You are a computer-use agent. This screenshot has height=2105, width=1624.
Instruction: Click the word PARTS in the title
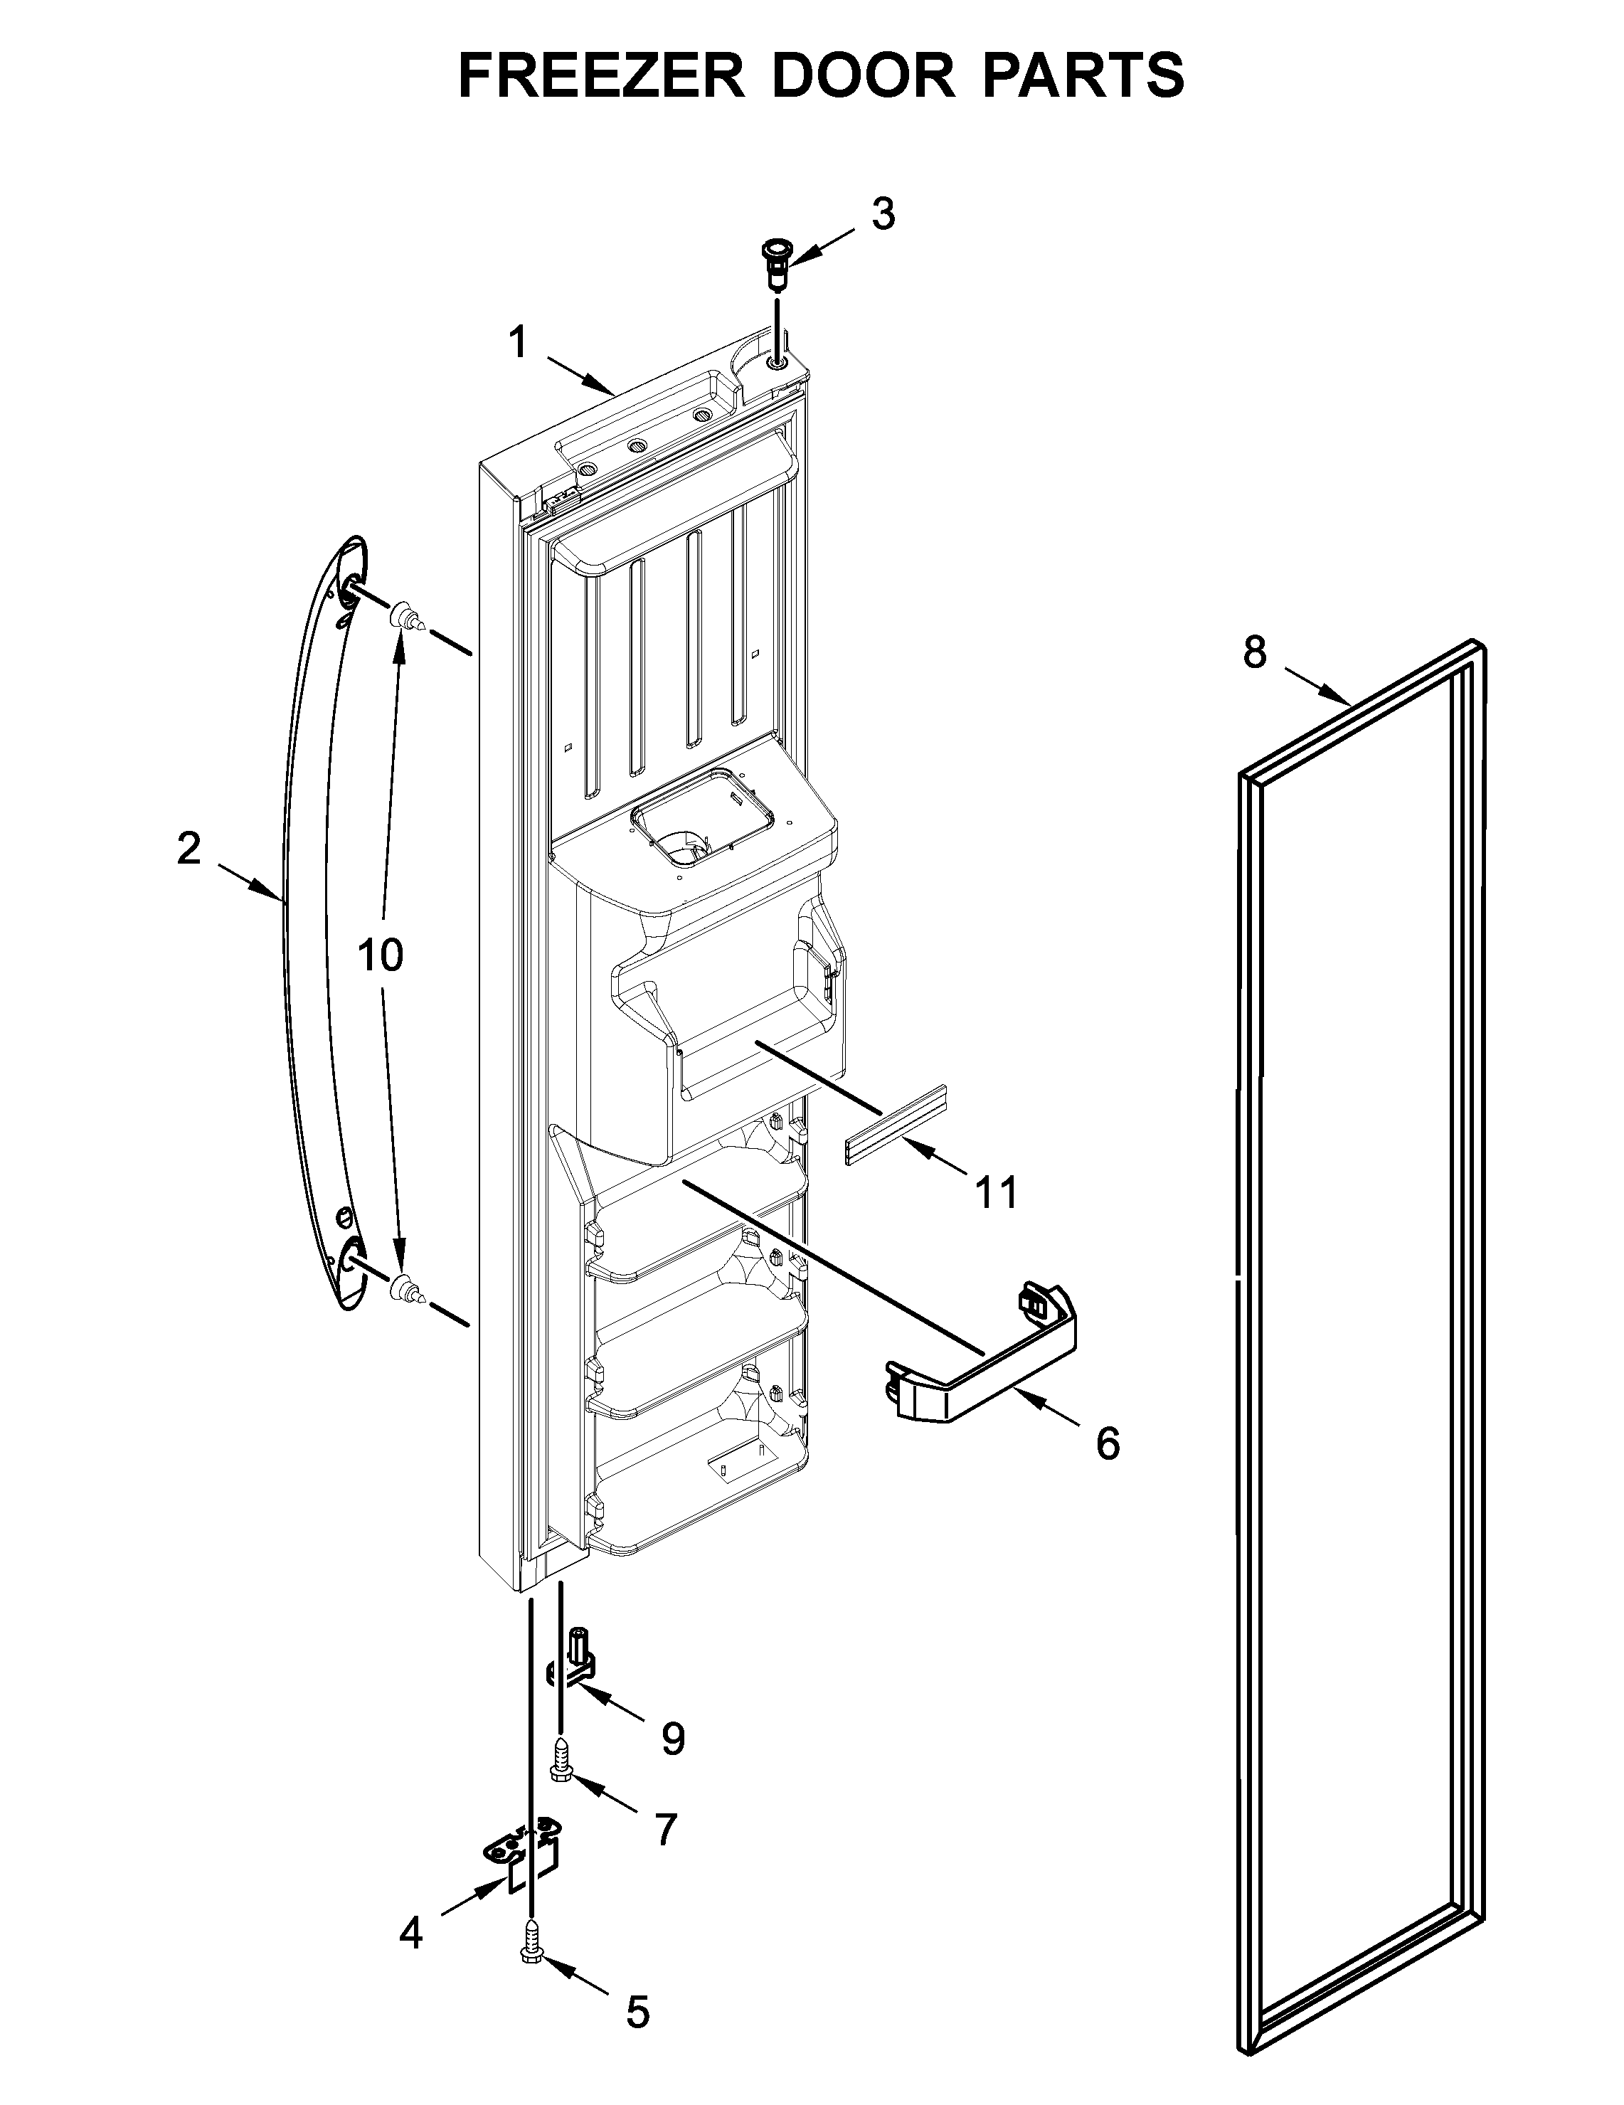tap(1083, 75)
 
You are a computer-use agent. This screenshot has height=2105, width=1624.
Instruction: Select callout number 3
tap(883, 214)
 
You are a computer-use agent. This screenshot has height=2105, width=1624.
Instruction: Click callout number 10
tap(380, 955)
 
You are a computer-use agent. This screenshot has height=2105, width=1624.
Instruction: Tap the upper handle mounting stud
tap(405, 614)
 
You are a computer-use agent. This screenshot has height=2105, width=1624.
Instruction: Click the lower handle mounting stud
tap(405, 1288)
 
